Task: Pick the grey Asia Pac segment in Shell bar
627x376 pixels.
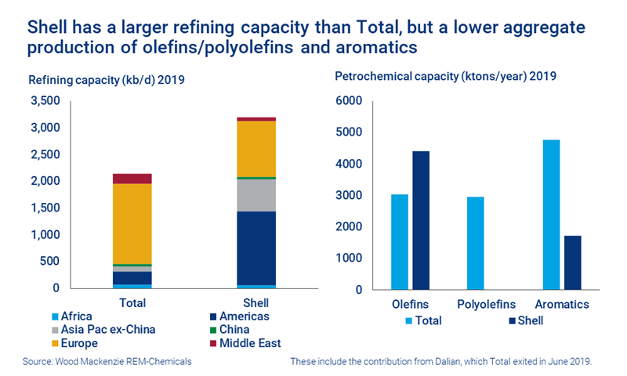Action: pyautogui.click(x=256, y=195)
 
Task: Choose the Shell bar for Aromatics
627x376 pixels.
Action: pyautogui.click(x=573, y=262)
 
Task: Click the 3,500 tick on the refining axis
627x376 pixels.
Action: pyautogui.click(x=45, y=101)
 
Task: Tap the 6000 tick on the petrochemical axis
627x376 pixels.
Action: pyautogui.click(x=349, y=101)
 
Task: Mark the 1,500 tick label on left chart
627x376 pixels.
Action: pyautogui.click(x=45, y=208)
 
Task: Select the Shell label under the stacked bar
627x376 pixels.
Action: pyautogui.click(x=256, y=302)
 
